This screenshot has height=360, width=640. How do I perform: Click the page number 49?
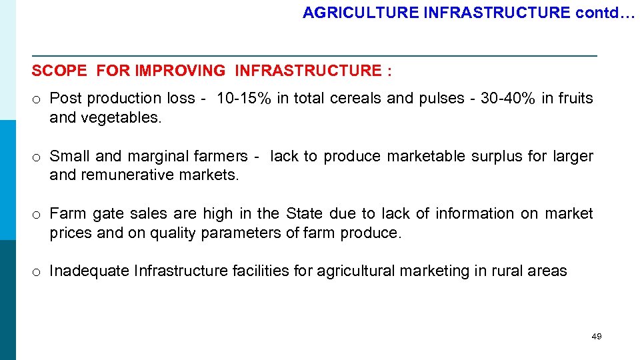click(x=596, y=337)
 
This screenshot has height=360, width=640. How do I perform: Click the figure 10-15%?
click(x=244, y=99)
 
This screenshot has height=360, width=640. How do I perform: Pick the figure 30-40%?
click(x=502, y=99)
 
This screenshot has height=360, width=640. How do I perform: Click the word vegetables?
click(x=121, y=118)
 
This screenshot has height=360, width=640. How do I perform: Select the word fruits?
click(x=575, y=99)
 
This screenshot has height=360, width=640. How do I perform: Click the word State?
click(x=304, y=214)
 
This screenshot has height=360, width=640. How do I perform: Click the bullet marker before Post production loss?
click(x=37, y=100)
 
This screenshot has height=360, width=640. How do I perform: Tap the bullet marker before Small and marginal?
click(x=37, y=158)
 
